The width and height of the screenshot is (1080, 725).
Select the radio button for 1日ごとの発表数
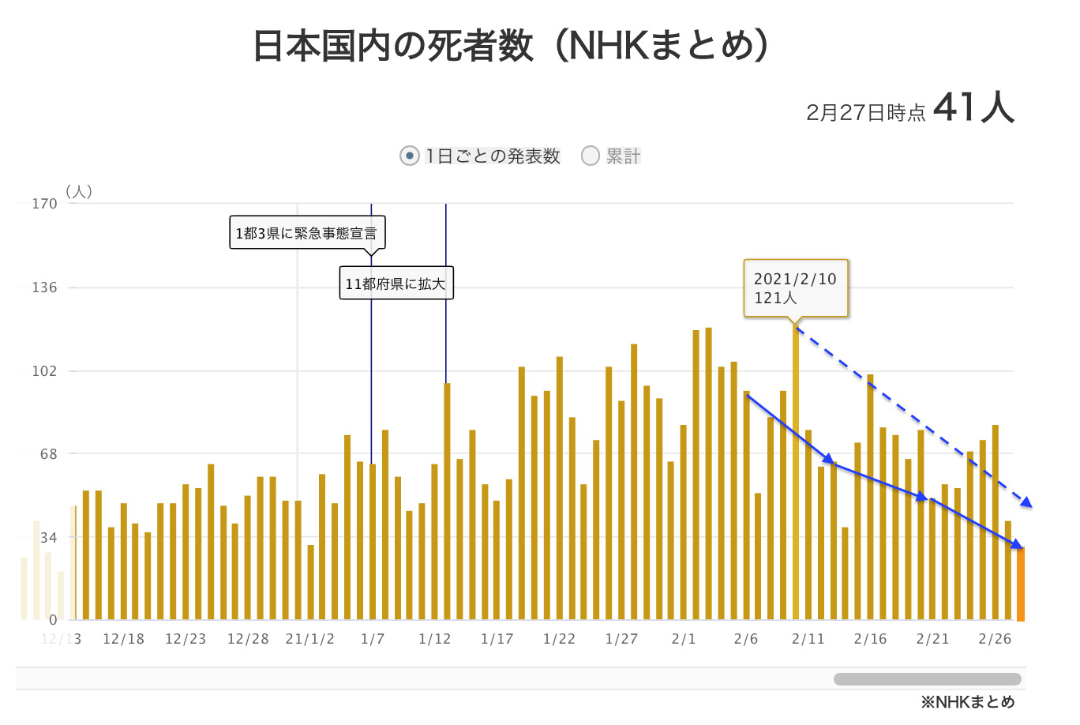[x=409, y=156]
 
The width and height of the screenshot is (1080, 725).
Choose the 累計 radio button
[x=591, y=156]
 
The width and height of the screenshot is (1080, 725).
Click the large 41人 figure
[x=973, y=107]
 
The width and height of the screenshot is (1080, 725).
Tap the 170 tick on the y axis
[x=44, y=204]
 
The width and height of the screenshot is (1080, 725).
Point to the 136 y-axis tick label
[x=44, y=287]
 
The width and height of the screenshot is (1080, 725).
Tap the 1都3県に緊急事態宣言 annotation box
[x=307, y=233]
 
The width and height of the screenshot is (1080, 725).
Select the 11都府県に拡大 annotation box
[x=396, y=284]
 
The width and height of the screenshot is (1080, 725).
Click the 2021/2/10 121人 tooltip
[x=795, y=288]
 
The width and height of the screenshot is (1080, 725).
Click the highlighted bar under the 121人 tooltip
[x=796, y=474]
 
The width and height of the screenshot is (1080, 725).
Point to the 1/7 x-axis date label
[x=373, y=639]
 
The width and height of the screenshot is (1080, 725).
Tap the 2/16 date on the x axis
[x=870, y=639]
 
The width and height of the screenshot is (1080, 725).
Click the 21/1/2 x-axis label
[x=309, y=639]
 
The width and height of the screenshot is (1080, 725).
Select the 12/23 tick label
[x=186, y=639]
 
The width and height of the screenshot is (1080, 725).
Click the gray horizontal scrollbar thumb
[x=928, y=679]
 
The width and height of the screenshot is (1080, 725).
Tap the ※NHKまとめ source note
[x=967, y=702]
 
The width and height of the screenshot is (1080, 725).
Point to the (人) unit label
[x=79, y=191]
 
